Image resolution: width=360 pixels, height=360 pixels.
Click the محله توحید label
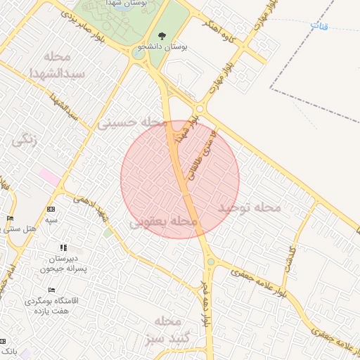coord(248,207)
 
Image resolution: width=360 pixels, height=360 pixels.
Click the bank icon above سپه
coord(51,210)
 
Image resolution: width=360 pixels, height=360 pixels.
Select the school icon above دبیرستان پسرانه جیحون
coord(63,247)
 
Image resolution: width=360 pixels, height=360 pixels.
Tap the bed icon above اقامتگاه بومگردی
coord(51,290)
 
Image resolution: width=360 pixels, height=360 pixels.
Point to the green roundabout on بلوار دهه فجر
coord(210,262)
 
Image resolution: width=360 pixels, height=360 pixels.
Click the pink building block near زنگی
coord(49,176)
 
